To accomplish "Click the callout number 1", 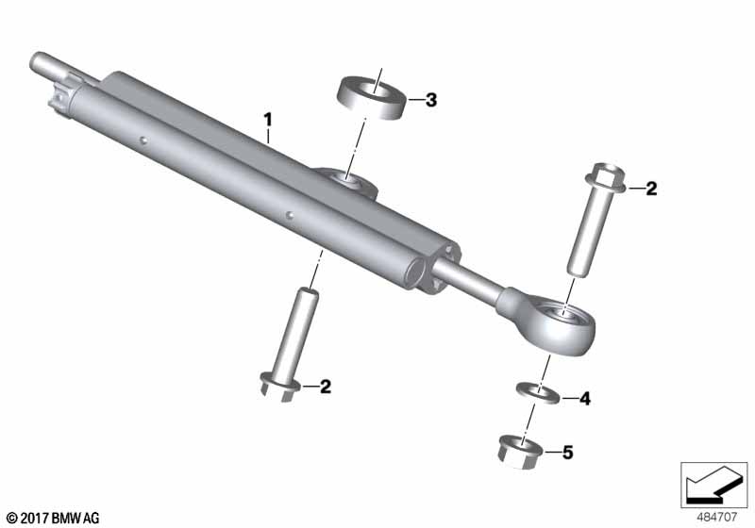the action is pos(268,119).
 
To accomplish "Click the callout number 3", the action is pos(431,100).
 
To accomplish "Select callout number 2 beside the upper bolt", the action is pos(651,189).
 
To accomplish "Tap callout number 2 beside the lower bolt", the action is pos(326,387).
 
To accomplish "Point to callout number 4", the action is pos(584,399).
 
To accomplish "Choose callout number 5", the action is pos(568,453).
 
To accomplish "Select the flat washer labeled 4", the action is pos(538,392).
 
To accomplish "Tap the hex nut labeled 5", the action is pos(520,451).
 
